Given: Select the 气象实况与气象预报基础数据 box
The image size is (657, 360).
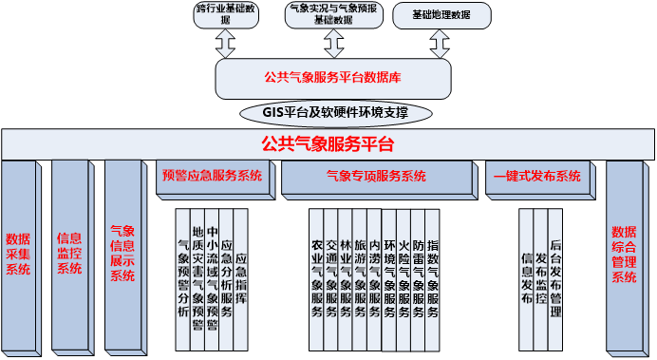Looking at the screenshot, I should coord(332,14).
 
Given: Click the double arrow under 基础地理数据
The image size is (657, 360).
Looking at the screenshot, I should coord(440,44).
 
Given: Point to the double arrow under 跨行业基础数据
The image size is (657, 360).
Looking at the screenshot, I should coord(225,44).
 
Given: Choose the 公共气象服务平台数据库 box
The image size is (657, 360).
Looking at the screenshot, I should coord(331,78).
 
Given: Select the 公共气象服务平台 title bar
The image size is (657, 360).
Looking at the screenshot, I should coord(328,144).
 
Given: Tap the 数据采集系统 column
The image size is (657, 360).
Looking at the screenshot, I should coord(18,255).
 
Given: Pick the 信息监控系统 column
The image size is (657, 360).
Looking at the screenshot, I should coord(69,255).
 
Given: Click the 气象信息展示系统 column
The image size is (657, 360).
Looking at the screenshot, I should coord(123,255).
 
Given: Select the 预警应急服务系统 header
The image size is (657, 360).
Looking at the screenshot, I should coord(212,177).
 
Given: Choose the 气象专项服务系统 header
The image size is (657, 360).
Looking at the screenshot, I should coord(376,177).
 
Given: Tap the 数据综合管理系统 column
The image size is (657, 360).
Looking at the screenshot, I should coord(625,255).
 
